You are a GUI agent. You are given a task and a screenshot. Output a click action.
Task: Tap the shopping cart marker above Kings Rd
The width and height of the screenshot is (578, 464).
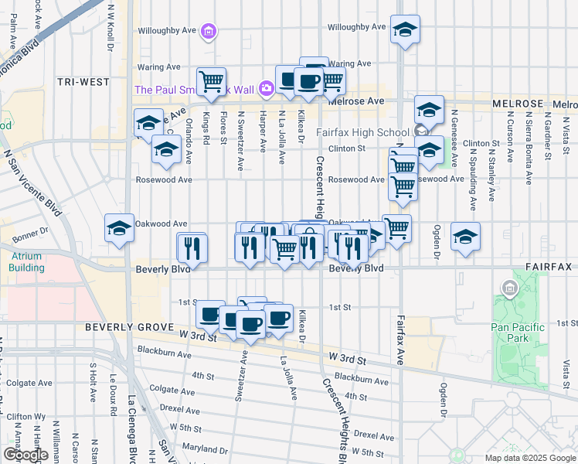pos(210,81)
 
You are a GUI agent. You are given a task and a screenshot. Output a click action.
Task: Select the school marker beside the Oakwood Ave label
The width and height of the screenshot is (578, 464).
pos(120,229)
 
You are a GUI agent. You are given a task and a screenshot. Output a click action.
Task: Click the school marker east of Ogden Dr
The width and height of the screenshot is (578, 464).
pos(466,237)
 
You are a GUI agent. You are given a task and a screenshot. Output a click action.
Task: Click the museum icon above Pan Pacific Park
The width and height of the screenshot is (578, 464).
pos(509,289)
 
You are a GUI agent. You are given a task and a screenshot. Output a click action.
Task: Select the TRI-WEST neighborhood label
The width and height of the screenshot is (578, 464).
pos(83,81)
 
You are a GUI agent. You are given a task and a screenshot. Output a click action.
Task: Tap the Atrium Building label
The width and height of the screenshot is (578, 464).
pos(26,261)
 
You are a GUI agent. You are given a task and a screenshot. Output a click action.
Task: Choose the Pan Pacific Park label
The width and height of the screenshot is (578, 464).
pos(517,332)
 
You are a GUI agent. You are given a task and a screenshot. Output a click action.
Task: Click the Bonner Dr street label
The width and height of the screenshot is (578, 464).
pos(30,230)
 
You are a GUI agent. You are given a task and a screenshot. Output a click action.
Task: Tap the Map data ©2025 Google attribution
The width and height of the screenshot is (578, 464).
pos(530,458)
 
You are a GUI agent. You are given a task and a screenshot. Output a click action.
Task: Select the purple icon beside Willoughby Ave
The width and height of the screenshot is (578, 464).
pos(207,32)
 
